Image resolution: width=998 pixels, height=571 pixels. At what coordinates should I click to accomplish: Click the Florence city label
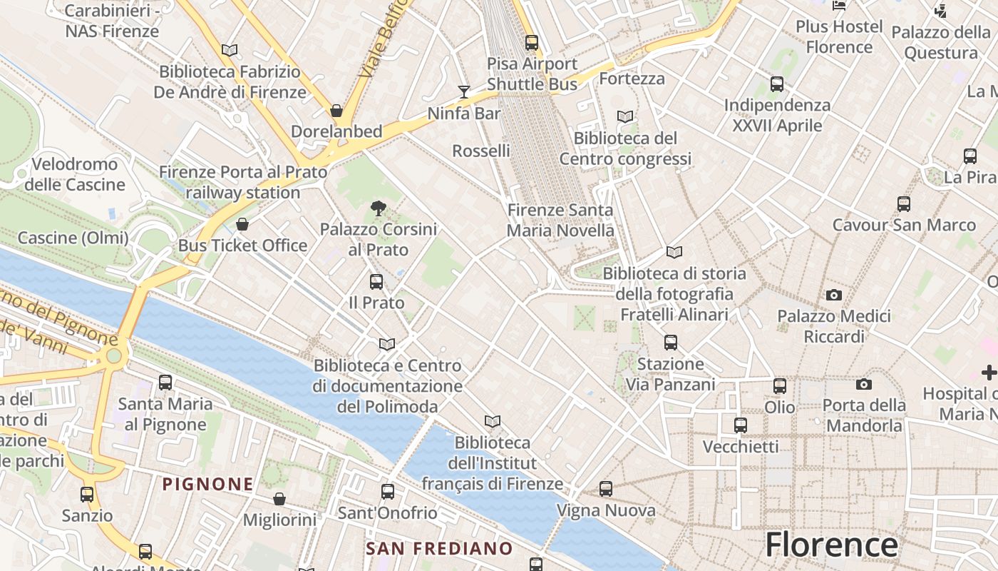tap(831, 545)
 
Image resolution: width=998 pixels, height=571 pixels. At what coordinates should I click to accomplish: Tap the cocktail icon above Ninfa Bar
tap(464, 91)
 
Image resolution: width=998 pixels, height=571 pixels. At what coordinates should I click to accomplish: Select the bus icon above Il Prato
tap(376, 282)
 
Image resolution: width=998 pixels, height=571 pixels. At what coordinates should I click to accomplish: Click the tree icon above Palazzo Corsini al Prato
tap(379, 208)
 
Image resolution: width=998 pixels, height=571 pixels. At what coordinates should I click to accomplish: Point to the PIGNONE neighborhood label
tap(207, 484)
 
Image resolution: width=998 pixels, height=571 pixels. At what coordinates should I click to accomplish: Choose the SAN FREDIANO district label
tap(439, 548)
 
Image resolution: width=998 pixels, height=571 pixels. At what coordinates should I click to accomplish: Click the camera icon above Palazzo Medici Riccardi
tap(833, 295)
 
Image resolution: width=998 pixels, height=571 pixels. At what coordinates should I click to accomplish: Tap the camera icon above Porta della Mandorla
tap(864, 385)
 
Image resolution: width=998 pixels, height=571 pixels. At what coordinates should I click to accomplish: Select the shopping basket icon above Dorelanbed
tap(336, 111)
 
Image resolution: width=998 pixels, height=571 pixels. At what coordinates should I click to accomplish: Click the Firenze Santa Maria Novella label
tap(560, 220)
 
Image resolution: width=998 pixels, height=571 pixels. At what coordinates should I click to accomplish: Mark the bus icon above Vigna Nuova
tap(606, 489)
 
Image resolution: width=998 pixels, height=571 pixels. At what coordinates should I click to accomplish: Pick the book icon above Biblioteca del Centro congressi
tap(625, 116)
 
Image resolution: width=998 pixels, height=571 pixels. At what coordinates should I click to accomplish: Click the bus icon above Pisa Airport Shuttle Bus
tap(532, 42)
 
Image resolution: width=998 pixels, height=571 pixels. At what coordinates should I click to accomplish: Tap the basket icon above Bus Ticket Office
tap(242, 224)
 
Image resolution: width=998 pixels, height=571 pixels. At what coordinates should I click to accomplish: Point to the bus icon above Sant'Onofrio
tap(388, 492)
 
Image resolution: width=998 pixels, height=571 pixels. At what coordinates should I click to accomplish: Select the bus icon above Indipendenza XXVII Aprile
tap(777, 84)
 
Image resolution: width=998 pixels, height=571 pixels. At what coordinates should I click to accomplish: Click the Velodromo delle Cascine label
tap(75, 174)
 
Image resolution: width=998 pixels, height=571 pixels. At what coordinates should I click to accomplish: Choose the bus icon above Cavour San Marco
tap(904, 204)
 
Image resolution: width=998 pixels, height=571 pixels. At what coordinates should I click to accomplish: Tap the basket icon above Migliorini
tap(279, 499)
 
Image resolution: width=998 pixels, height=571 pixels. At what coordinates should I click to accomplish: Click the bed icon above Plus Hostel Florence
tap(839, 6)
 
